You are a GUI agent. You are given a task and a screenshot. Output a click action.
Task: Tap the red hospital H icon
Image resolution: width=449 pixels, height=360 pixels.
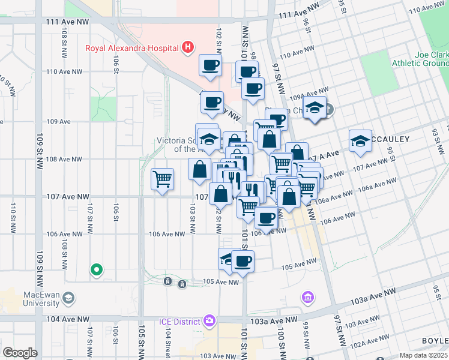tap(188, 47)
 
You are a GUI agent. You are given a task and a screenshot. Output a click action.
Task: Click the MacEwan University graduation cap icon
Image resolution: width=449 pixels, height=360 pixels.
tap(69, 298)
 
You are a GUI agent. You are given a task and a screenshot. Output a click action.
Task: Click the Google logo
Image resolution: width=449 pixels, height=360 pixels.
tap(20, 353)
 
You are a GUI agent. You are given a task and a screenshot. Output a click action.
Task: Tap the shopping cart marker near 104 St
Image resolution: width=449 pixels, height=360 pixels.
tap(163, 179)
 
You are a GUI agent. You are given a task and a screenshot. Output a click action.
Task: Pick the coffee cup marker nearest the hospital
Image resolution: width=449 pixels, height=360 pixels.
tap(211, 65)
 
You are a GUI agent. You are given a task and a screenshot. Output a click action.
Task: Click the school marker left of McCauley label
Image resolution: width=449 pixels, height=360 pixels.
tap(360, 141)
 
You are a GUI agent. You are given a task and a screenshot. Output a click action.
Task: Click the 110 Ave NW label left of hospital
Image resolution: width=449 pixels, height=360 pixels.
tap(64, 71)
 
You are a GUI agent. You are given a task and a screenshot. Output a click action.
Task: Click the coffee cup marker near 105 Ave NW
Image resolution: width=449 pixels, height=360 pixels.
tap(243, 262)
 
